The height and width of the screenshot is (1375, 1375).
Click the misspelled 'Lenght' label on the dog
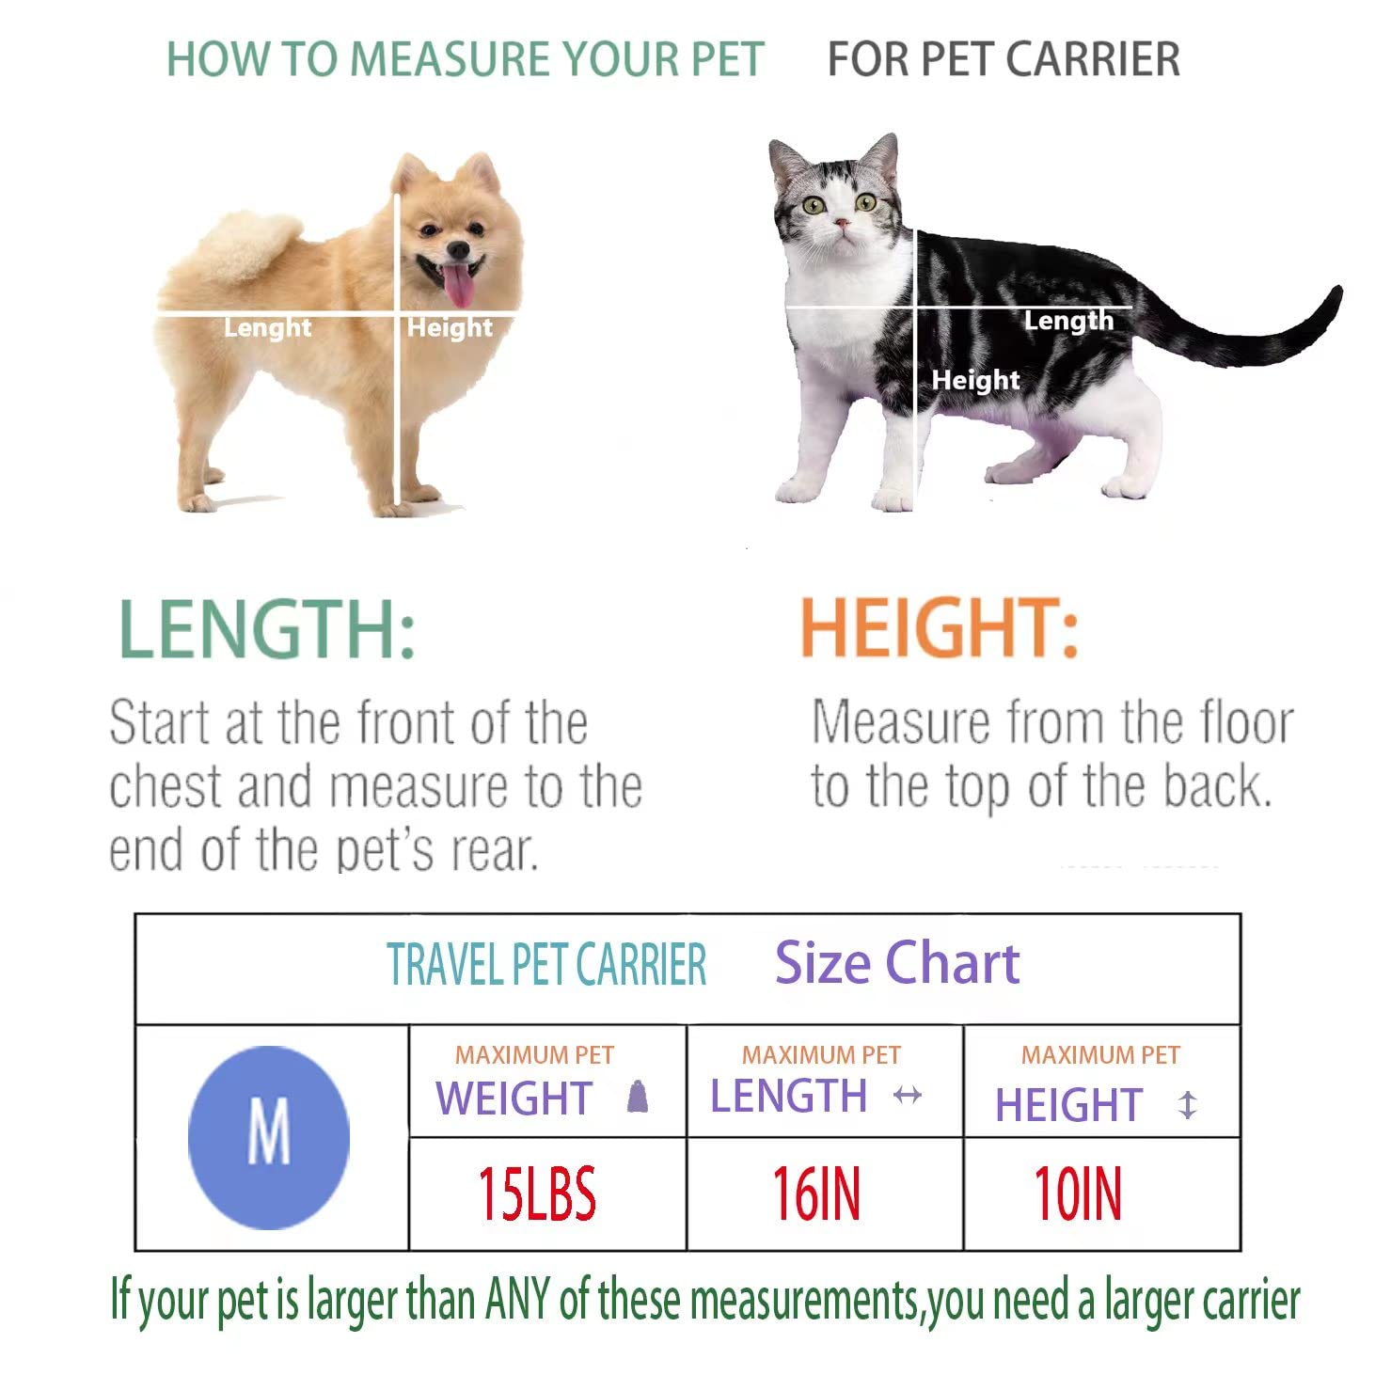pyautogui.click(x=267, y=328)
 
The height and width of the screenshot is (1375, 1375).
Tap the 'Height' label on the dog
pyautogui.click(x=450, y=327)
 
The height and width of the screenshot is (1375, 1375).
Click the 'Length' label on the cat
pyautogui.click(x=1068, y=321)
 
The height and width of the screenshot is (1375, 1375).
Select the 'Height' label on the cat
pyautogui.click(x=975, y=380)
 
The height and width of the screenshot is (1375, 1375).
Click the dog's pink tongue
pyautogui.click(x=459, y=285)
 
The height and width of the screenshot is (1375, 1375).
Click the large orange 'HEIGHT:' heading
pyautogui.click(x=939, y=629)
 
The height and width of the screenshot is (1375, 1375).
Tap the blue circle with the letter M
pyautogui.click(x=269, y=1136)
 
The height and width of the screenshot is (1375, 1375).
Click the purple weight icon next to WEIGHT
pyautogui.click(x=638, y=1097)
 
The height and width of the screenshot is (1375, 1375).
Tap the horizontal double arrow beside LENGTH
pyautogui.click(x=907, y=1095)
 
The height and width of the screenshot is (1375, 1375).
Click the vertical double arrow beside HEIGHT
pyautogui.click(x=1188, y=1104)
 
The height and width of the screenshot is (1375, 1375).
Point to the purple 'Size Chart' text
pyautogui.click(x=896, y=963)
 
